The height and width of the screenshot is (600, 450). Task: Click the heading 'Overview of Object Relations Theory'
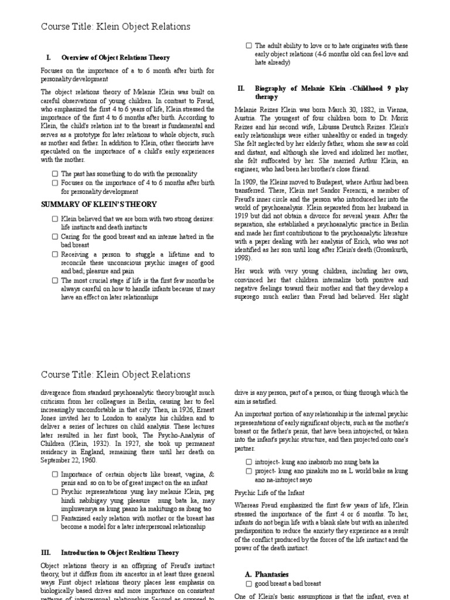115,57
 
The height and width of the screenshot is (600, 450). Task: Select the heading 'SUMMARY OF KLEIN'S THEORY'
98,204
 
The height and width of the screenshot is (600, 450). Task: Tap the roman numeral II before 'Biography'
240,88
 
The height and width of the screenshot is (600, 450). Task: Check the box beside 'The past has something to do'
54,174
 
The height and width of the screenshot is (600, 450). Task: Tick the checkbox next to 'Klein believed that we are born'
54,219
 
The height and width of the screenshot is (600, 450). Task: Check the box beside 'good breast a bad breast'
249,584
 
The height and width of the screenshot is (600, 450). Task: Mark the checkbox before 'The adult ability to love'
249,45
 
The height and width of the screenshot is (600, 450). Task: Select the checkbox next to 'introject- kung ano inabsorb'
249,461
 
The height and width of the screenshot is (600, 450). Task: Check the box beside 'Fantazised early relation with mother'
54,519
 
